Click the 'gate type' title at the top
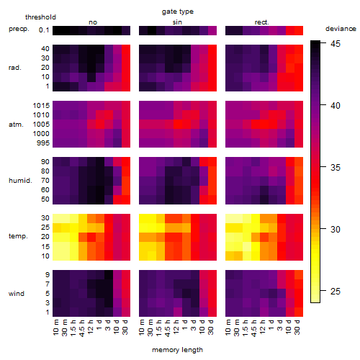(x=178, y=12)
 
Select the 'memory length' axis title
(x=177, y=350)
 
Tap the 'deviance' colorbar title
(x=341, y=29)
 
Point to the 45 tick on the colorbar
(x=323, y=43)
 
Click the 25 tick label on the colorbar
(x=336, y=292)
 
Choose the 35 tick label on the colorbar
(x=336, y=168)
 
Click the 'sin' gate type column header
(x=177, y=22)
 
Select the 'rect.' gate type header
(x=262, y=22)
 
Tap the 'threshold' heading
(x=40, y=17)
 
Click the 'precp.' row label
(x=19, y=29)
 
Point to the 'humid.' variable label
(x=20, y=181)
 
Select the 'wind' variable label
(x=17, y=294)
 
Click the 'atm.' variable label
(x=16, y=125)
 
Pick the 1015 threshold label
(x=41, y=106)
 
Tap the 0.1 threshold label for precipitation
(x=44, y=30)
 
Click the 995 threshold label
(x=43, y=143)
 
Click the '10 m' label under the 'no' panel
(x=56, y=328)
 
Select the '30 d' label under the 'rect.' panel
(x=297, y=328)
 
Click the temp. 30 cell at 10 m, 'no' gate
(x=57, y=218)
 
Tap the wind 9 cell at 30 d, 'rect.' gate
(x=299, y=275)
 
